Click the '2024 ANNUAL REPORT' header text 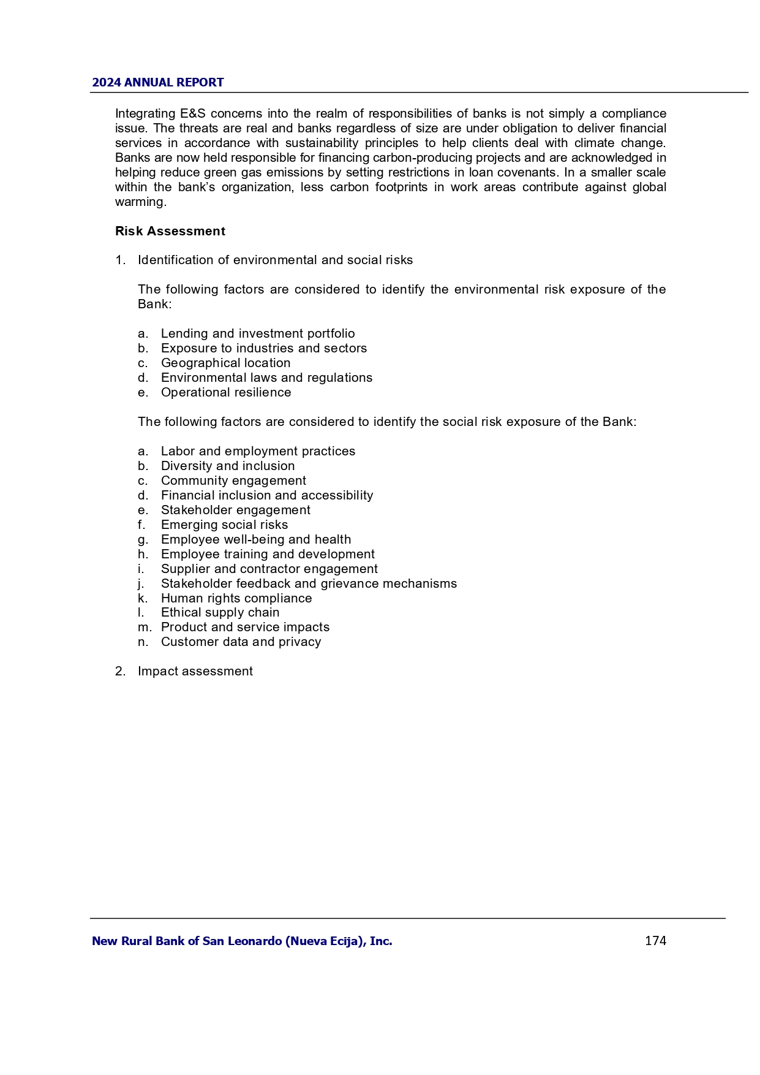[x=157, y=83]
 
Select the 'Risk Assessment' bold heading [x=170, y=231]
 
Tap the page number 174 [x=655, y=941]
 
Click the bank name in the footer [x=242, y=941]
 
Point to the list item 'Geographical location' [x=225, y=363]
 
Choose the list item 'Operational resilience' [x=226, y=392]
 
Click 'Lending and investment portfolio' [x=258, y=333]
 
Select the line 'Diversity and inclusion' [x=228, y=466]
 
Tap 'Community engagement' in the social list [x=233, y=481]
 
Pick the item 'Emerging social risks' [x=224, y=525]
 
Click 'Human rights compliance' [x=236, y=598]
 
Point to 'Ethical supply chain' [x=220, y=612]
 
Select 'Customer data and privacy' [x=241, y=642]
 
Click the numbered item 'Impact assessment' [x=195, y=671]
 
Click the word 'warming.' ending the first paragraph [x=141, y=202]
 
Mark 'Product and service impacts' [x=245, y=627]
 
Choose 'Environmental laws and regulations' [x=266, y=378]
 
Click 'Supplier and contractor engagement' [x=269, y=569]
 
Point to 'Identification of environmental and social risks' [x=275, y=260]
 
